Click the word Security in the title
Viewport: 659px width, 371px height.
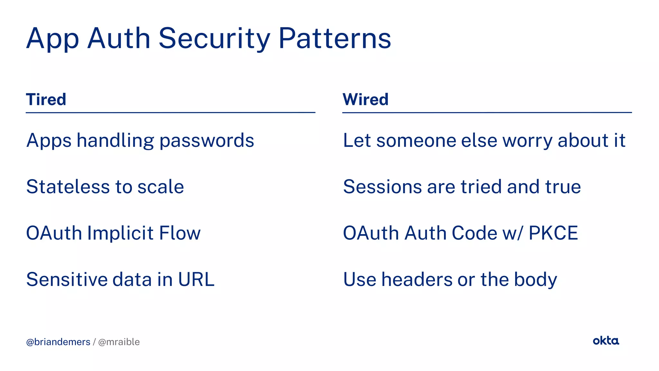tap(214, 39)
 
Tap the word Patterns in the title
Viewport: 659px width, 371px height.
tap(335, 39)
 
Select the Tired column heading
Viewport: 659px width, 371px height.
tap(46, 99)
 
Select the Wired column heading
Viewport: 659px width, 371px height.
tap(366, 99)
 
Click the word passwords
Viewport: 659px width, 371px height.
tap(207, 141)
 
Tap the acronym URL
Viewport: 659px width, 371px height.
tap(196, 279)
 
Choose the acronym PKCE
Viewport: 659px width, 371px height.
tap(553, 233)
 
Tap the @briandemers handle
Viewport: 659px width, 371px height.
tap(58, 342)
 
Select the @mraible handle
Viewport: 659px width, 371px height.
tap(119, 342)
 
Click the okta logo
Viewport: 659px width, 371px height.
tap(606, 341)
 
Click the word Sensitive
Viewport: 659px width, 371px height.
tap(67, 279)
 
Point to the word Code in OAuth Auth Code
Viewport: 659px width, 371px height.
tap(474, 233)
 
